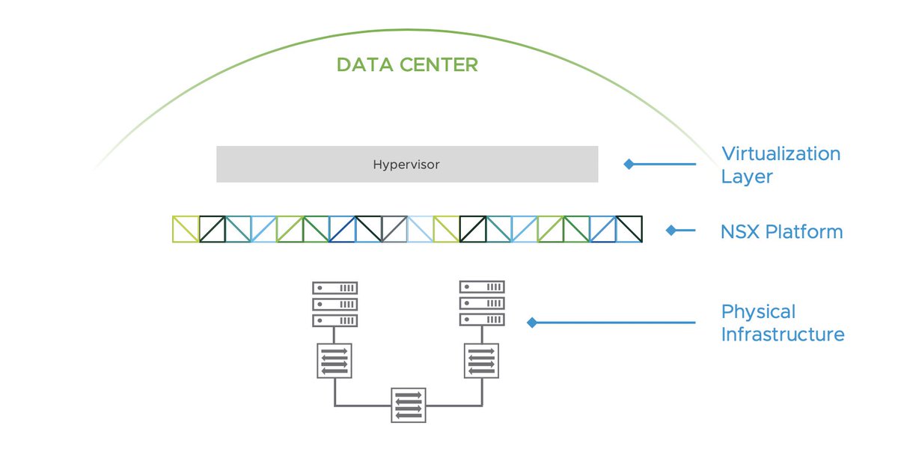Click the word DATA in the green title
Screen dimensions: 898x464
coord(365,65)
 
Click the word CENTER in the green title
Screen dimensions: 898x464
coord(439,65)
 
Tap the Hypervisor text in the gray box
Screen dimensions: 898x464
coord(406,165)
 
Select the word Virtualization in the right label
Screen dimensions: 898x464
coord(781,153)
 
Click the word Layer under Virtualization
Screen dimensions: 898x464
coord(747,177)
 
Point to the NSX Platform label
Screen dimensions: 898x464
coord(782,232)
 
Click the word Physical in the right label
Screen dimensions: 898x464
coord(759,312)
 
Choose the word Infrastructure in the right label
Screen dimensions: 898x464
coord(783,335)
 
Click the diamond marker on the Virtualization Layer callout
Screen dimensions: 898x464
coord(629,164)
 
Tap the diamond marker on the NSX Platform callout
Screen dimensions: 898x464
coord(671,231)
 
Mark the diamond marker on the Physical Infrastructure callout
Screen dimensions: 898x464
coord(532,323)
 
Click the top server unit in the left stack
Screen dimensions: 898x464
coord(335,288)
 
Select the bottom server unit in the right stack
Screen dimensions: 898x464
coord(482,320)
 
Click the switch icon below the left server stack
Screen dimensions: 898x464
coord(335,361)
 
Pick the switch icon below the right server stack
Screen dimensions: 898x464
coord(481,361)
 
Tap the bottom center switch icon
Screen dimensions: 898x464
coord(409,405)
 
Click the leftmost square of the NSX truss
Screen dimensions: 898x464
coord(186,229)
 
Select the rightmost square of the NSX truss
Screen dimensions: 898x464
coord(629,229)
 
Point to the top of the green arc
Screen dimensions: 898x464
coord(406,29)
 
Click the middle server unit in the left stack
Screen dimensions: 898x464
coord(335,305)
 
